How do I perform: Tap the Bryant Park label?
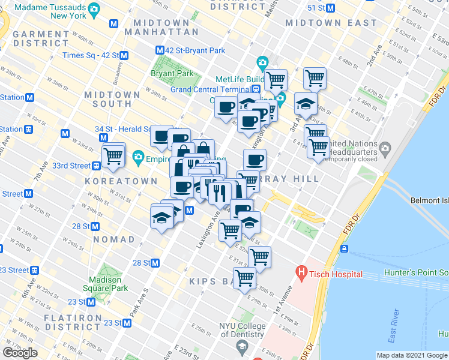(x=172, y=73)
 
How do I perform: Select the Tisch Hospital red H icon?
(x=301, y=274)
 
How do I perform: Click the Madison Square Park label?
(x=109, y=284)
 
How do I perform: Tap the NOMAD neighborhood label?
(x=115, y=239)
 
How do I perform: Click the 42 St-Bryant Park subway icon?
(x=160, y=50)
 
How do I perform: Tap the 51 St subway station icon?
(x=330, y=8)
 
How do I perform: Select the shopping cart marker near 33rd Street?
(x=113, y=155)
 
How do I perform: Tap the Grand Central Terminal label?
(x=210, y=89)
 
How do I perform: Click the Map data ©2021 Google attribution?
(x=412, y=355)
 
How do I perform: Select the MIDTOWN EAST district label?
(x=331, y=23)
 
